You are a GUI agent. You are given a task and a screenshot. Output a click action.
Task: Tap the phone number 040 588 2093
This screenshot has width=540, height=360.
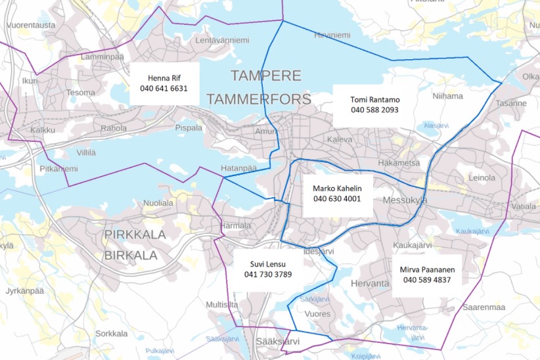374,110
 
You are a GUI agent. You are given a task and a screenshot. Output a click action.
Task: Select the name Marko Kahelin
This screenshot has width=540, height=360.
338,188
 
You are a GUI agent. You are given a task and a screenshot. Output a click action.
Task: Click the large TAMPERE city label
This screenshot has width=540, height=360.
265,75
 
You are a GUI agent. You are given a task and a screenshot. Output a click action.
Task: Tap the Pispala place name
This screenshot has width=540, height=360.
189,127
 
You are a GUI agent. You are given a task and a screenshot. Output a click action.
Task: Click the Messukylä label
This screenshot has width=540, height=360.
405,200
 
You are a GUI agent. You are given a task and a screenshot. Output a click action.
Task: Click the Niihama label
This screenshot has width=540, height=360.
448,96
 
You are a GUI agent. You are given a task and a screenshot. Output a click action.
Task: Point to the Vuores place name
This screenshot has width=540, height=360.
317,314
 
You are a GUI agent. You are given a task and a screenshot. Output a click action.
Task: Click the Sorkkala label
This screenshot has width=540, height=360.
110,333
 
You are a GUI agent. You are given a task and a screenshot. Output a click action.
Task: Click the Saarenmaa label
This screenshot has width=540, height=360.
483,307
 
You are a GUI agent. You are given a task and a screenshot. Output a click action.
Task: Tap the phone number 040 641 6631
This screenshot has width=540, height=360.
164,87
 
